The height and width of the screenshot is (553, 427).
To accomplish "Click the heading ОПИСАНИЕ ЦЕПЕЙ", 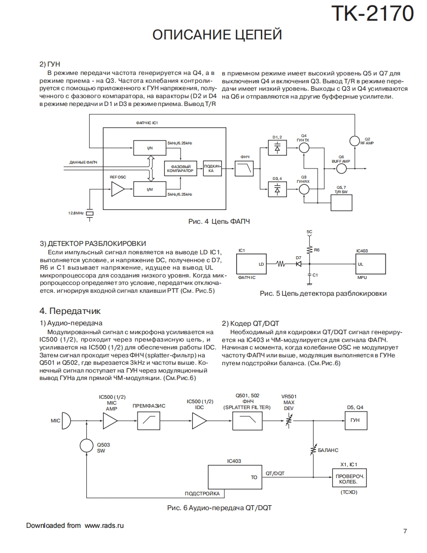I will (217, 35).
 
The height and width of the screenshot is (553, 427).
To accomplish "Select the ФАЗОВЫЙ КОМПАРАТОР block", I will (181, 169).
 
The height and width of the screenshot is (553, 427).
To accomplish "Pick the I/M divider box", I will (149, 189).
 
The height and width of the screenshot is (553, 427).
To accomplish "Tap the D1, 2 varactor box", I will (277, 147).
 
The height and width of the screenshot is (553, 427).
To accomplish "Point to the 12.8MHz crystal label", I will (76, 213).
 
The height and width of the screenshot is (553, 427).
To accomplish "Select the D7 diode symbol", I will (298, 264).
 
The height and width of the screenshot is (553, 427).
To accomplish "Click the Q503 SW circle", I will (87, 446).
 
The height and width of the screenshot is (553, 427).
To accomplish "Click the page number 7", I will (405, 531).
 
